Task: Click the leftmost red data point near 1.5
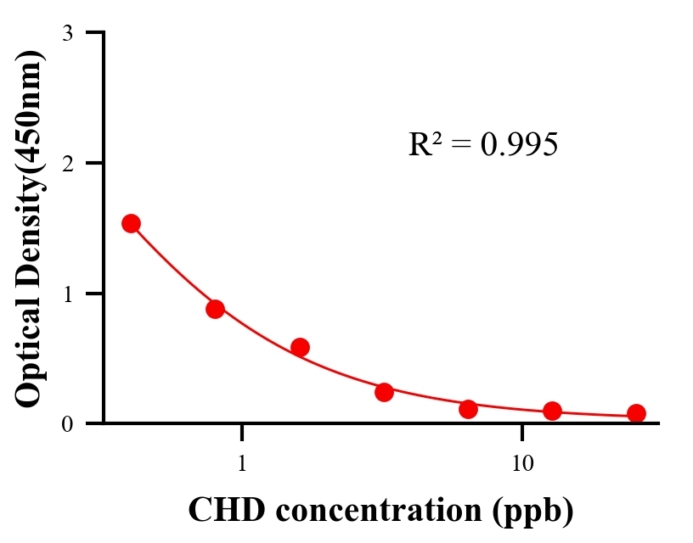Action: [x=131, y=223]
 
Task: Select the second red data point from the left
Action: [x=215, y=309]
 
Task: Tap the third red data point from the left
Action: [x=300, y=347]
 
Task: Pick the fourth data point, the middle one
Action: [x=384, y=392]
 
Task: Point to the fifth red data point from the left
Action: [x=468, y=409]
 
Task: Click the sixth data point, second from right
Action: [x=552, y=411]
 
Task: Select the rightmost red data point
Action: [x=636, y=413]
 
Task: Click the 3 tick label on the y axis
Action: [x=67, y=33]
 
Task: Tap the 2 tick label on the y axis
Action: [x=67, y=163]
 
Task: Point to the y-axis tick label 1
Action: [x=67, y=294]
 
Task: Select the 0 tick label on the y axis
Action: [x=67, y=423]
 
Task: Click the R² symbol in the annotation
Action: [x=425, y=144]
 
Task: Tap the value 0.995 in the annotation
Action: [x=519, y=145]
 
